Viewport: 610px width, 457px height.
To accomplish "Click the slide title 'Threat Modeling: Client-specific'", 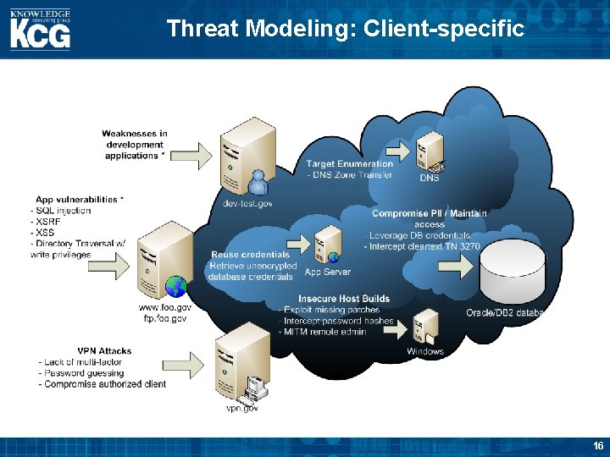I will tap(346, 29).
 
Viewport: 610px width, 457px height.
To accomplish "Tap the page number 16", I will tap(598, 446).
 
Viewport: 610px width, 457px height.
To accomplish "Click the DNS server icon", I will tap(430, 152).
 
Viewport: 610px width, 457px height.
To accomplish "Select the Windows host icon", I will tap(424, 327).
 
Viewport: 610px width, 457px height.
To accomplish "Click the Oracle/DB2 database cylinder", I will tap(511, 271).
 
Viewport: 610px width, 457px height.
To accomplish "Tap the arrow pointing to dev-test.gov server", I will tap(195, 153).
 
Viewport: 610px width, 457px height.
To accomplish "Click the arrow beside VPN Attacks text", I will tap(191, 365).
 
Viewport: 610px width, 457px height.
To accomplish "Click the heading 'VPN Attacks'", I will tap(104, 350).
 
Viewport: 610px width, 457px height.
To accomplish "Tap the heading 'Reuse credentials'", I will tap(250, 255).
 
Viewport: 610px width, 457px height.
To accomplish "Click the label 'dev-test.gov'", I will tap(247, 203).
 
